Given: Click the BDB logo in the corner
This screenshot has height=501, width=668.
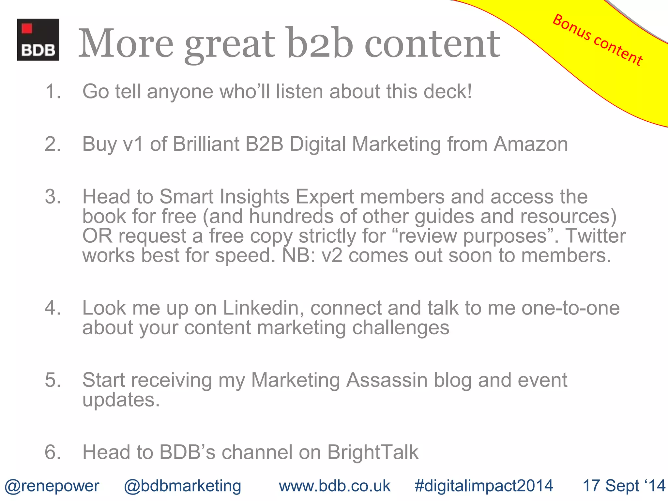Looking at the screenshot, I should [38, 39].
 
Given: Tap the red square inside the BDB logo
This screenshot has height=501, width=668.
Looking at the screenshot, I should [27, 28].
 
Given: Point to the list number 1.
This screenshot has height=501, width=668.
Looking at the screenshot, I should [52, 91].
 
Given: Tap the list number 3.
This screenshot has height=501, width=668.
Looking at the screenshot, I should [52, 197].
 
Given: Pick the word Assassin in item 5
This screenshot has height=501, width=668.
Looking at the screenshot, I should [387, 380].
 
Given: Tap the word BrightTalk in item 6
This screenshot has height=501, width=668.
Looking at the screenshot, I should [373, 452].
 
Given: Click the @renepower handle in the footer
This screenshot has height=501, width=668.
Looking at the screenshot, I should [52, 486].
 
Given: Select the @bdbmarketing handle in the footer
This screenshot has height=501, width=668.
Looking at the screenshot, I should [182, 486].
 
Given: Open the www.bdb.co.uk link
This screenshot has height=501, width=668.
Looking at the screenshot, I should [334, 486].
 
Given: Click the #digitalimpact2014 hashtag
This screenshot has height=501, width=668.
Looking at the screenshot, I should [484, 486].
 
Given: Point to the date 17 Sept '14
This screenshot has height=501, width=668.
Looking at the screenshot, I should [624, 486].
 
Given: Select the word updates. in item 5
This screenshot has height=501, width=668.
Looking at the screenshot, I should [121, 400].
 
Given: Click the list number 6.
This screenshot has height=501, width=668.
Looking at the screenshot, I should [52, 452].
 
